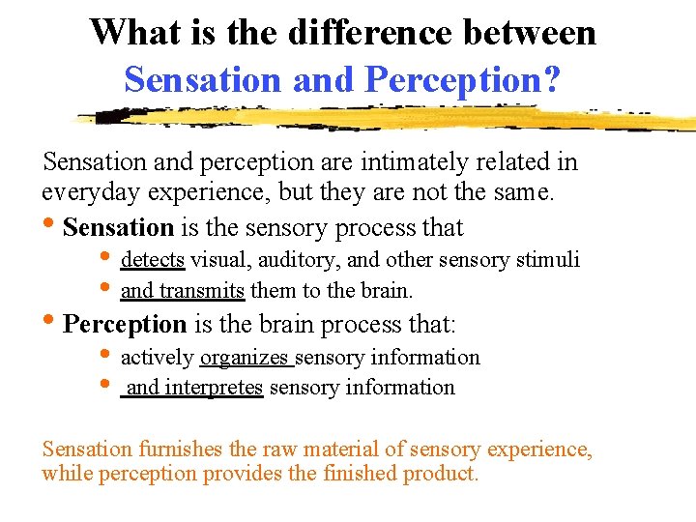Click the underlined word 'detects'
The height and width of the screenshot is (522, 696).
tap(153, 259)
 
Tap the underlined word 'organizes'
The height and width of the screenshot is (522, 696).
tap(245, 358)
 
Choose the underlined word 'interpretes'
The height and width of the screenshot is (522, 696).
tap(214, 388)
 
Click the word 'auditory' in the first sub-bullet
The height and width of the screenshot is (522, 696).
tap(289, 259)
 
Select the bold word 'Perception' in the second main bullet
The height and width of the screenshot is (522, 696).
tap(124, 325)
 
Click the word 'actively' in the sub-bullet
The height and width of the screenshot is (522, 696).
tap(157, 358)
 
